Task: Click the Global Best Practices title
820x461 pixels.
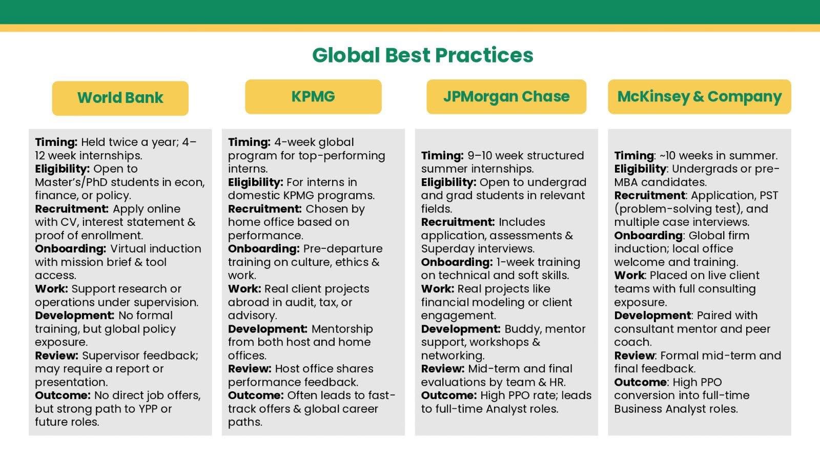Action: tap(423, 55)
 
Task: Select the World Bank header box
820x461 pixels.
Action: tap(120, 98)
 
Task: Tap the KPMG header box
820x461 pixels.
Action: tap(313, 97)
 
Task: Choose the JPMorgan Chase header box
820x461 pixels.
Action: tap(506, 97)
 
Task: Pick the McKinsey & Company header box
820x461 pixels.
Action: tap(700, 97)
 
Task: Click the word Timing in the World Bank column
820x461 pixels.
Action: tap(56, 142)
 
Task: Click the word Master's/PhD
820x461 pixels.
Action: tap(71, 182)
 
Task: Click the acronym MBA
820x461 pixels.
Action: tap(626, 182)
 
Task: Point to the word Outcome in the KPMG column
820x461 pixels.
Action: tap(256, 395)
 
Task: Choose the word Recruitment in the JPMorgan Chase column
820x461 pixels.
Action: tap(458, 222)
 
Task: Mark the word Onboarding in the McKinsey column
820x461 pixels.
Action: tap(648, 236)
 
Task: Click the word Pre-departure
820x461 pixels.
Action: tap(343, 249)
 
